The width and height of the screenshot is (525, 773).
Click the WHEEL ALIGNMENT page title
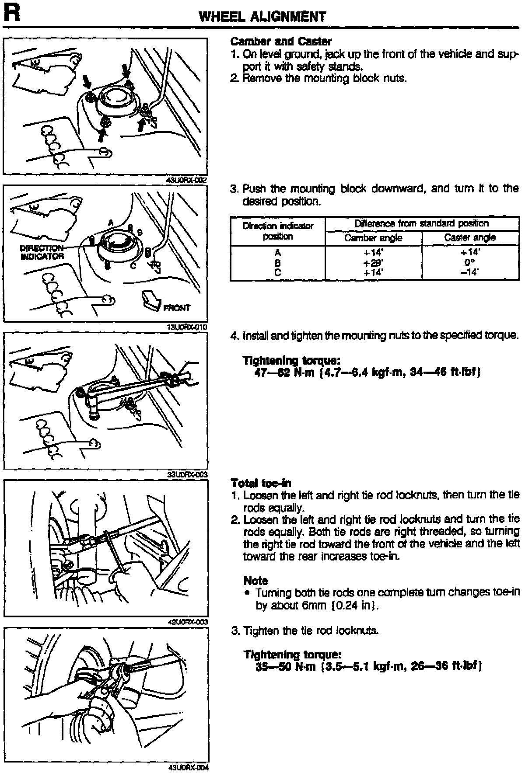tap(262, 17)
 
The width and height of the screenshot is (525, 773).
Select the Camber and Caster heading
tap(281, 42)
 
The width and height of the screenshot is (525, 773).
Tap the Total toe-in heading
tap(261, 483)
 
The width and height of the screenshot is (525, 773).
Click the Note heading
tap(255, 581)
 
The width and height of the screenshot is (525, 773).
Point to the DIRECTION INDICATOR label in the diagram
tap(42, 252)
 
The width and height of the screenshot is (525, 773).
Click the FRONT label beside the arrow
tap(177, 308)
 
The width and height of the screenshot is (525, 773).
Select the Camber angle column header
tap(373, 238)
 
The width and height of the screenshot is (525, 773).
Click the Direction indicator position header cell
tap(278, 231)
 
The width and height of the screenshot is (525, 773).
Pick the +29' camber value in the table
tap(373, 263)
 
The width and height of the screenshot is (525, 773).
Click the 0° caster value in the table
tap(470, 263)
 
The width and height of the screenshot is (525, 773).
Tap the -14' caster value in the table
tap(470, 272)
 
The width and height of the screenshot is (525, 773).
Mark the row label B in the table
tap(278, 263)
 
